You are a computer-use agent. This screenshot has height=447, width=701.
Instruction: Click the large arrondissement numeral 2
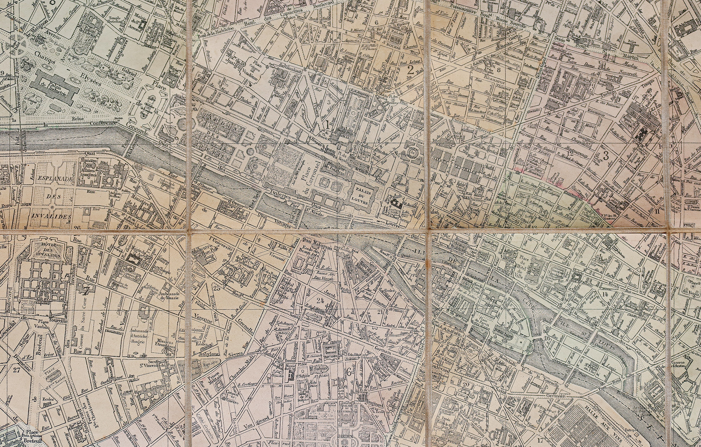[410, 70]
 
